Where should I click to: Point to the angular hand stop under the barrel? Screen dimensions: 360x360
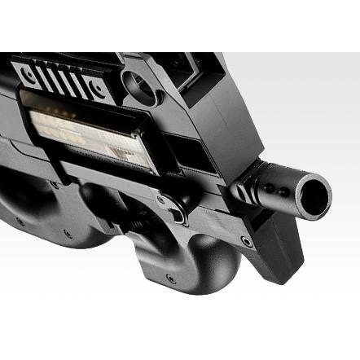coord(269,244)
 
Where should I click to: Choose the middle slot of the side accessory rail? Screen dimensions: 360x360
coord(64,79)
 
